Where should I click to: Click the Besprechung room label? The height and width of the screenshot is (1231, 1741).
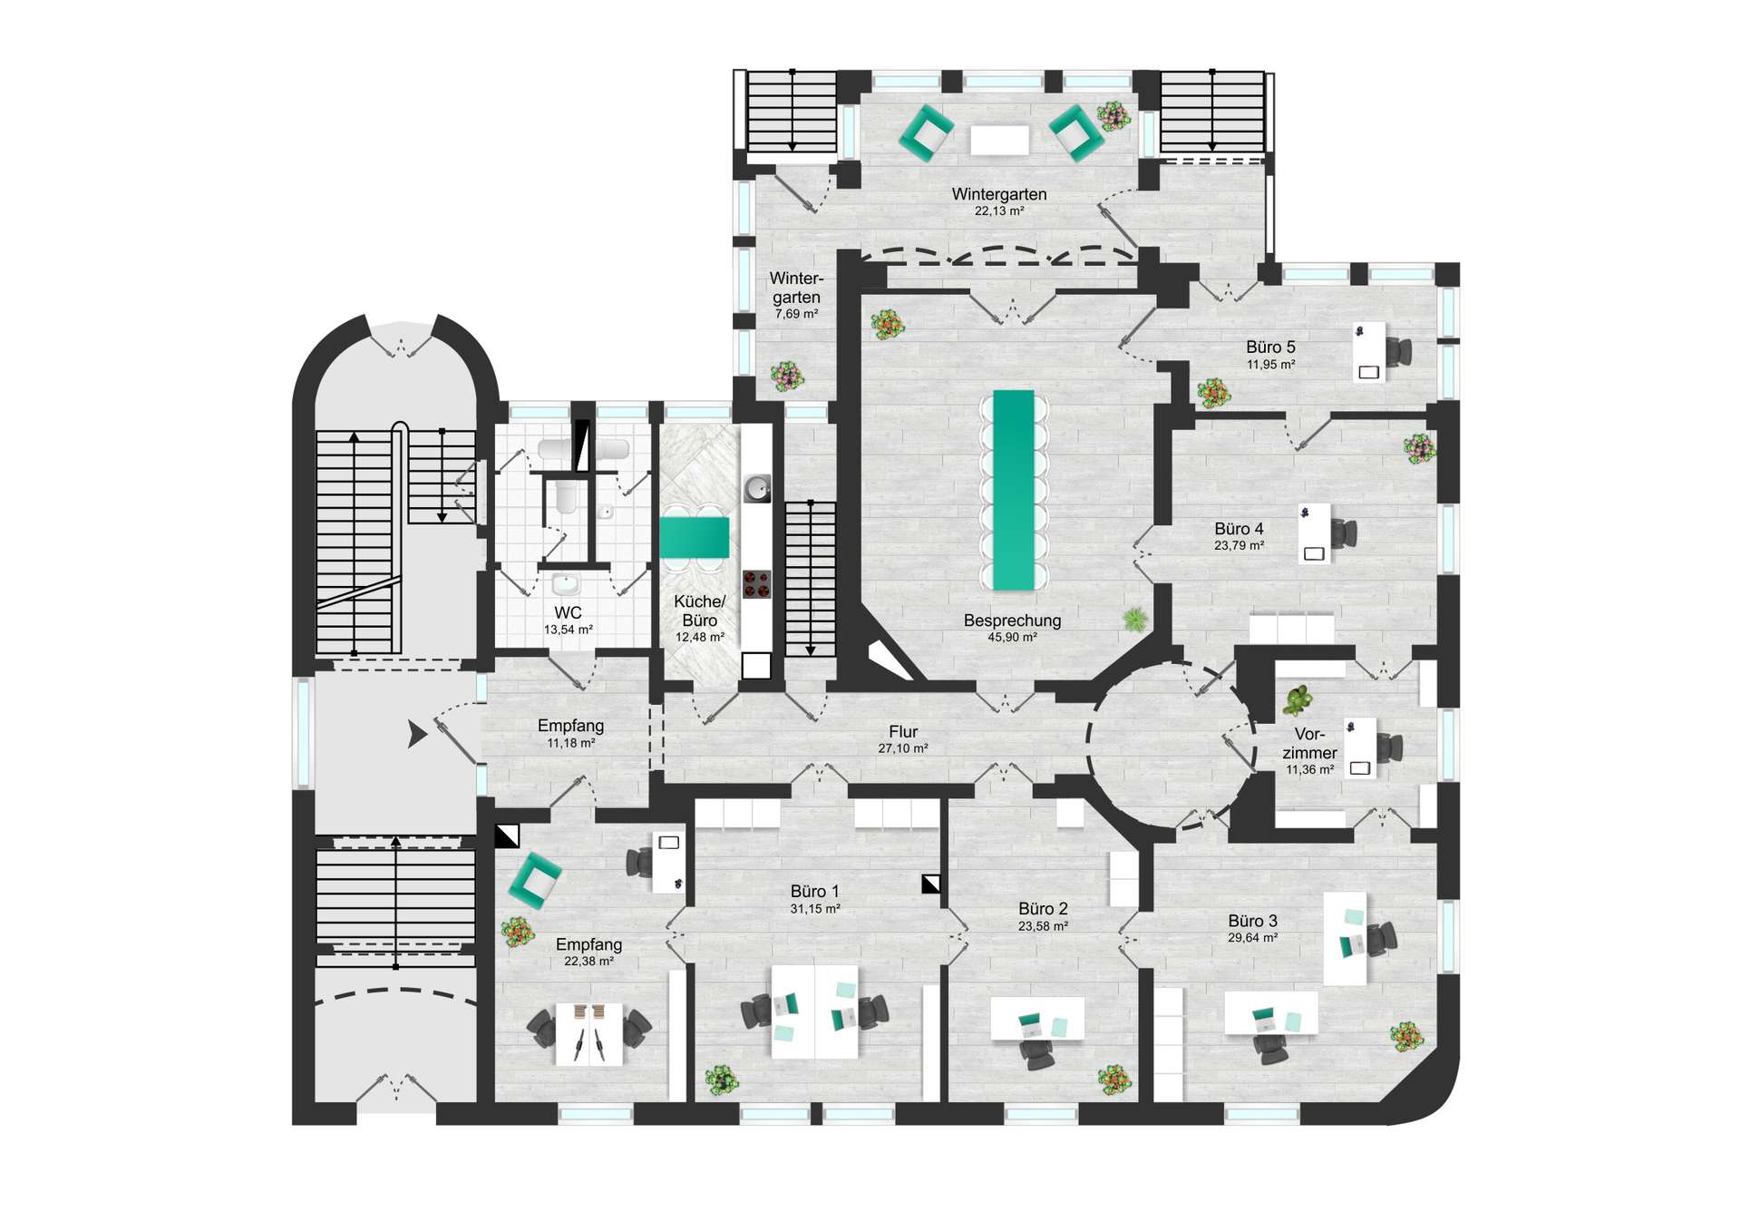[1012, 620]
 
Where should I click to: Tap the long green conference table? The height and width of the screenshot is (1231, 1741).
[1014, 490]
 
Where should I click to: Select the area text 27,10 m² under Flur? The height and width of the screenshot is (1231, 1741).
[902, 748]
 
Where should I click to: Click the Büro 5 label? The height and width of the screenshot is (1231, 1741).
[1270, 347]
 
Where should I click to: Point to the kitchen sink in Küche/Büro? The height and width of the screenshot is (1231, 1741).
[757, 490]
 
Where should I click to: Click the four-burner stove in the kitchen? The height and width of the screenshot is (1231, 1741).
[756, 583]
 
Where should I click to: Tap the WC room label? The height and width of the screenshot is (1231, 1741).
[568, 613]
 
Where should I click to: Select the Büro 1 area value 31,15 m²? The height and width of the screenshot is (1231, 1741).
[814, 909]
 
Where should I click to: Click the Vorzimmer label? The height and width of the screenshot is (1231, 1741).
[1309, 743]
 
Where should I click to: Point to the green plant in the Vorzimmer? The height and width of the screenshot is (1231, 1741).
[1298, 700]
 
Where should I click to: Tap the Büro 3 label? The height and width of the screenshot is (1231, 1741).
[1252, 921]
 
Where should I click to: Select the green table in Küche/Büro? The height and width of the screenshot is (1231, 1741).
[694, 537]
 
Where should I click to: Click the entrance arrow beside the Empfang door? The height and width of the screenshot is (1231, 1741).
[417, 733]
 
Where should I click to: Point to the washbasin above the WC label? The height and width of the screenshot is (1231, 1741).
[567, 582]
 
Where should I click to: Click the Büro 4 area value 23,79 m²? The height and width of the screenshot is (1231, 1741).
[1239, 546]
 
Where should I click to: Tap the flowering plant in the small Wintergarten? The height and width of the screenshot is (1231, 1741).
[786, 375]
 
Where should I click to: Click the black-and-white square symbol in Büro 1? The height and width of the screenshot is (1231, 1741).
[930, 884]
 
